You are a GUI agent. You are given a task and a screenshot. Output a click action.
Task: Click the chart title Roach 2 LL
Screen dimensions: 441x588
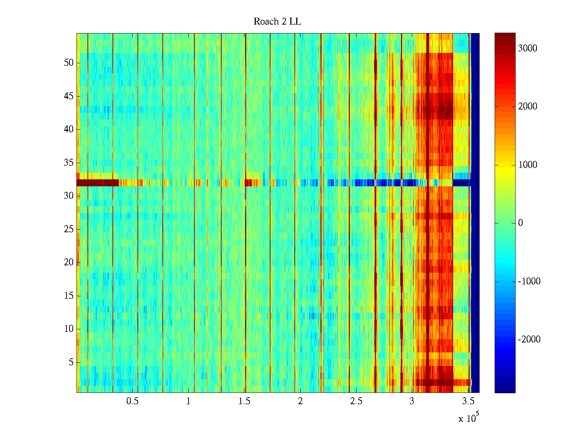277,22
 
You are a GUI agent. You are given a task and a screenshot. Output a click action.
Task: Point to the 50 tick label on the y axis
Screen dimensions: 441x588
69,63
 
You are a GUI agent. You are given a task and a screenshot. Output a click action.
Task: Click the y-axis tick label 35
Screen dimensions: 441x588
69,163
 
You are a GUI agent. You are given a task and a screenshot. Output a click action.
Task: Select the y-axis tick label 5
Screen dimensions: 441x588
71,362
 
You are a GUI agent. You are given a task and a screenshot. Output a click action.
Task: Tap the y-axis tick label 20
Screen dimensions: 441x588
69,262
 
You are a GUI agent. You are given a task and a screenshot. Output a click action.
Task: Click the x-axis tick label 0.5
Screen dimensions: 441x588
132,401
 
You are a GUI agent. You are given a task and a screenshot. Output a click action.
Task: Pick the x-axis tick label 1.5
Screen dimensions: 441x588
244,401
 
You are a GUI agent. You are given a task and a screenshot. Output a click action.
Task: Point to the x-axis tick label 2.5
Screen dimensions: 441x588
356,401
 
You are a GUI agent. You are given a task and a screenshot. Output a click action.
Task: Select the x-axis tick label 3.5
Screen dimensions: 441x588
468,401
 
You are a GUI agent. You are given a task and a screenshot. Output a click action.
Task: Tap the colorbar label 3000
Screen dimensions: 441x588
527,49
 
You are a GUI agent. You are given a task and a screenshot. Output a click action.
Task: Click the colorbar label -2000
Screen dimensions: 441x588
529,340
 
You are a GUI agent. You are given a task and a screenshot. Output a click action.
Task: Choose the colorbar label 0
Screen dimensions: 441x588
520,223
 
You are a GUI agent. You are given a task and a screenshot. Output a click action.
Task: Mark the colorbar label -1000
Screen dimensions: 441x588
529,282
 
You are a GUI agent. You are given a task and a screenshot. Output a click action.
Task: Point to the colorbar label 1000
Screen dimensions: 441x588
527,165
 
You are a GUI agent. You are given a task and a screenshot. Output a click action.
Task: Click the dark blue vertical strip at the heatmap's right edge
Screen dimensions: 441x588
475,213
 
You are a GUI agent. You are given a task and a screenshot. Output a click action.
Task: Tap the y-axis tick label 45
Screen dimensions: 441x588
69,96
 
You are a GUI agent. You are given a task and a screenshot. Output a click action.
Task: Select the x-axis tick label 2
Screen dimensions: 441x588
300,401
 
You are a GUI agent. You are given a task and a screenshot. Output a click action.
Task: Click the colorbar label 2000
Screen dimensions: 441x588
527,107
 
